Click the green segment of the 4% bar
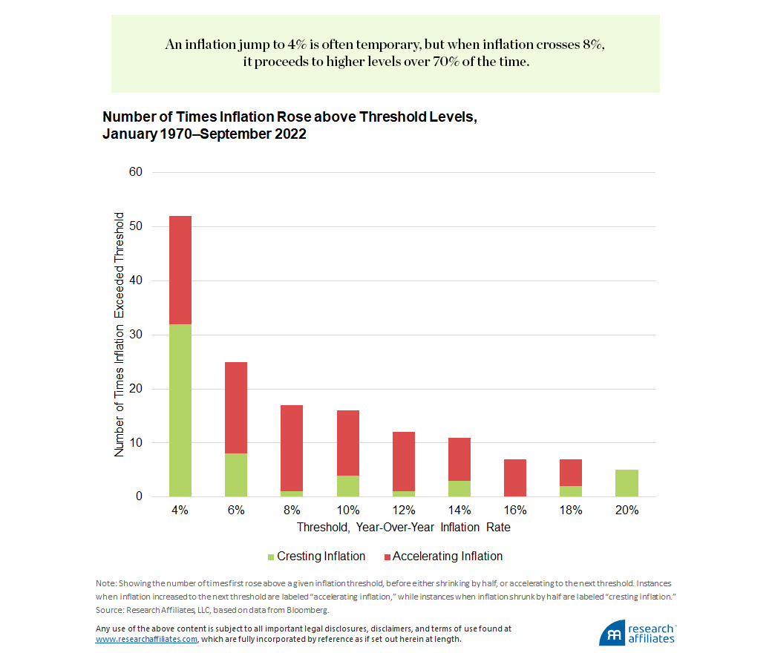tap(180, 410)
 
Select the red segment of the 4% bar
tap(180, 270)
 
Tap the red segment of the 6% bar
tap(236, 407)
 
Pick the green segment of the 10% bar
tap(347, 486)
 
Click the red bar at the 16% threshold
tap(514, 478)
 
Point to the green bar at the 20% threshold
tap(627, 483)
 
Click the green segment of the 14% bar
tap(459, 489)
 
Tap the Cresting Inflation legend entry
tap(316, 557)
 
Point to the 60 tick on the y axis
tap(137, 172)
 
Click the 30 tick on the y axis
tap(137, 335)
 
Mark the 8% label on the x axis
tap(292, 511)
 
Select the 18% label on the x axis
tap(570, 511)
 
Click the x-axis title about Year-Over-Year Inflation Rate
tap(403, 528)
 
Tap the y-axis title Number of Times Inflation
tap(120, 334)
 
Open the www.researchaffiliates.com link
tap(146, 639)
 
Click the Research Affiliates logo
tap(638, 633)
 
